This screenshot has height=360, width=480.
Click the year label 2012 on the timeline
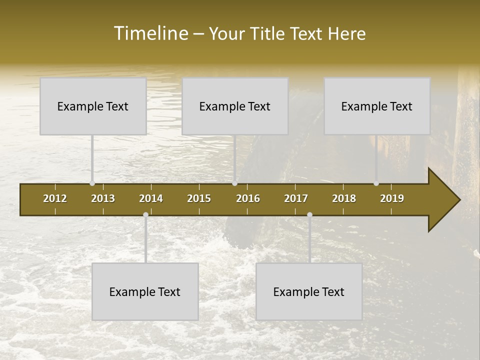coord(55,198)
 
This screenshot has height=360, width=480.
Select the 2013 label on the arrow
coord(103,198)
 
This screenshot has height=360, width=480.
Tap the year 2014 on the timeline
coord(151,198)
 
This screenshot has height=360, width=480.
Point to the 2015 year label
coord(199,198)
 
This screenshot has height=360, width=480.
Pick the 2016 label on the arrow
coord(248,198)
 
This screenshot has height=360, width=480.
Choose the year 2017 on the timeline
coord(296,198)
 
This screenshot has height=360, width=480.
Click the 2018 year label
coord(344,198)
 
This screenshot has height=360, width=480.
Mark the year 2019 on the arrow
coord(392,198)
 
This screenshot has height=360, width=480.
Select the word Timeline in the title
coord(150,33)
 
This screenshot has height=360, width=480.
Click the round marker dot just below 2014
coord(145,215)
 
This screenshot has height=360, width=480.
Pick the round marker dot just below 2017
coord(309,215)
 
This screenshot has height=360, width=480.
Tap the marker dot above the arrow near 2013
coord(92,183)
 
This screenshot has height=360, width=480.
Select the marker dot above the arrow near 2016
coord(234,183)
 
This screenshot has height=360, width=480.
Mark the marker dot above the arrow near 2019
coord(376,183)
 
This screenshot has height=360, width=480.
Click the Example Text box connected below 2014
coord(145,291)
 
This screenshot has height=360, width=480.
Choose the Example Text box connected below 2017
coord(309,291)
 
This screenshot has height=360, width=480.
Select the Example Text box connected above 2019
coord(377,106)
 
